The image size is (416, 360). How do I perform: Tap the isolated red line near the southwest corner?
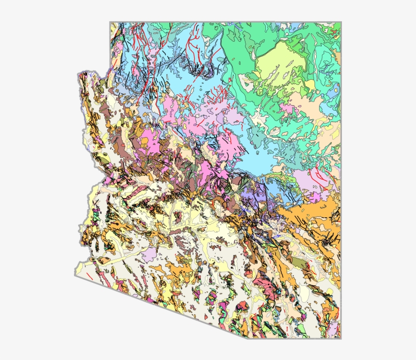[x=89, y=277]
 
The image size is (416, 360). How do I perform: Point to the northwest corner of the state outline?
[x=110, y=22]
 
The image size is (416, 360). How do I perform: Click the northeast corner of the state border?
[x=340, y=22]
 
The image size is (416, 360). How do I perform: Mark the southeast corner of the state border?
[x=340, y=338]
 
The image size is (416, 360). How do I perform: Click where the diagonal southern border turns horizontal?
[x=248, y=338]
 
